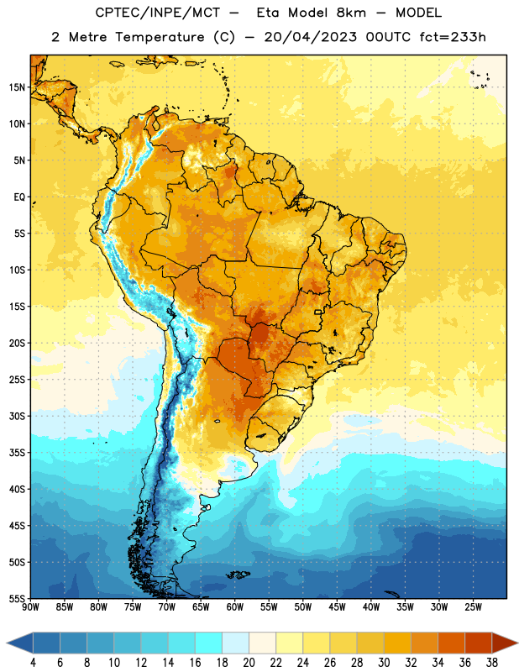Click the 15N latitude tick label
tap(17, 87)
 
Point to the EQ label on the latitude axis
tap(19, 197)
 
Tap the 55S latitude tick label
tap(17, 598)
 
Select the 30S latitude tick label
tap(17, 416)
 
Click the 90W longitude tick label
tap(30, 607)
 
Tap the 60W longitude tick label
tap(235, 607)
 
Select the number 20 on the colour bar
tap(249, 663)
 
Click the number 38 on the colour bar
tap(492, 663)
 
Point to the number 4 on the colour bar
tap(33, 663)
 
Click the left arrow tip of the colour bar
tap(7, 643)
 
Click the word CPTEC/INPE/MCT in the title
tap(157, 13)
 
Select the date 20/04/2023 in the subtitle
tap(310, 37)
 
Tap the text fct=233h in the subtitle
tap(453, 37)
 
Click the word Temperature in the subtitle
tap(160, 38)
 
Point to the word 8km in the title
tap(351, 13)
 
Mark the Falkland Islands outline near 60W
tap(238, 575)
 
